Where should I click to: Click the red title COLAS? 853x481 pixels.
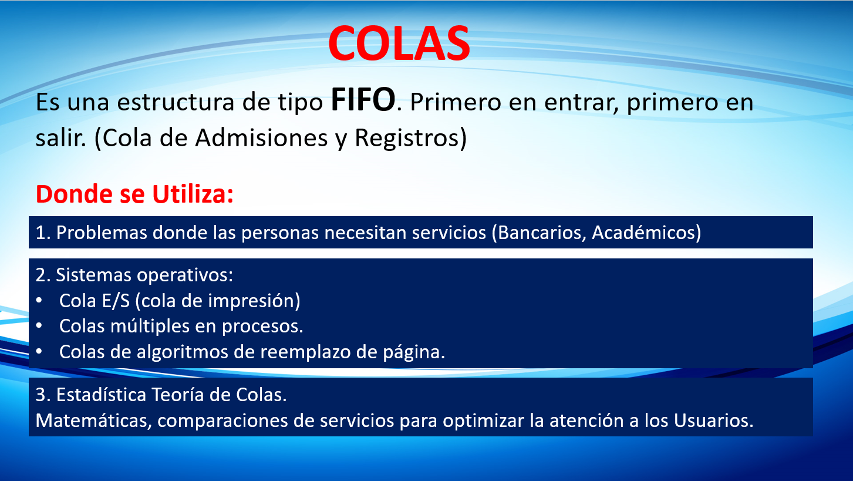click(399, 43)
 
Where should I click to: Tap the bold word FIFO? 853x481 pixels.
click(363, 99)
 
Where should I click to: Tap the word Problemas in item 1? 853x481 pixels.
click(102, 233)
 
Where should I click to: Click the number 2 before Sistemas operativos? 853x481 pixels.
click(41, 275)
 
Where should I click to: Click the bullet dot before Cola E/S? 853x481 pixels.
click(39, 301)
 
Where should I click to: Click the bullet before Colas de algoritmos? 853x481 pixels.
click(39, 352)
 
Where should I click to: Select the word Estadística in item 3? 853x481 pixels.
click(102, 395)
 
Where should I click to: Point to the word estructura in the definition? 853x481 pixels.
click(176, 102)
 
